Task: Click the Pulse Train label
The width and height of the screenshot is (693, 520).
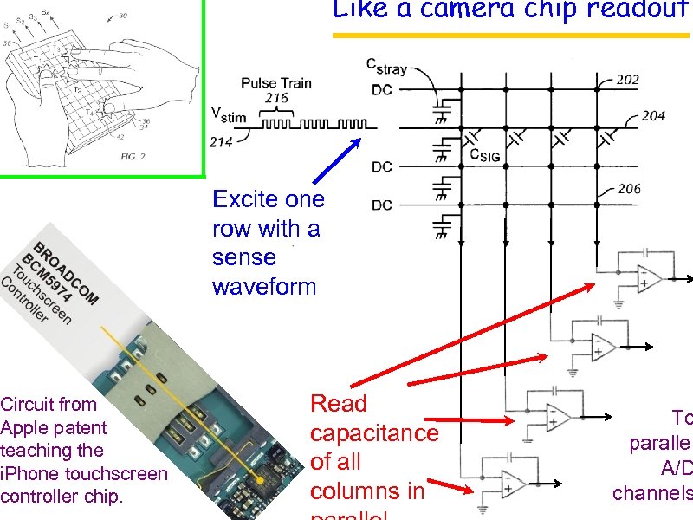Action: coord(276,83)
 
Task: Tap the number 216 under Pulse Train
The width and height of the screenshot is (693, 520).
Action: coord(276,98)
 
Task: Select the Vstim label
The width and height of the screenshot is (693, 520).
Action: coord(229,114)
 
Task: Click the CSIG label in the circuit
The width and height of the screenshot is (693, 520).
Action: coord(484,155)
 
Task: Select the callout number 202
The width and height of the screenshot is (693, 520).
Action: coord(628,80)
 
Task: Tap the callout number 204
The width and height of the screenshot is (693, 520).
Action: coord(652,115)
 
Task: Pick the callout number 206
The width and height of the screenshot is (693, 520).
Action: coord(629,189)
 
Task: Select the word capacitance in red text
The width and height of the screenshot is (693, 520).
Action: coord(374,433)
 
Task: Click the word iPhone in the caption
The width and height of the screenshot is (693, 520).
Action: coord(24,473)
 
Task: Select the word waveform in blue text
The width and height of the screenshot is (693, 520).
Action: coord(264,287)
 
